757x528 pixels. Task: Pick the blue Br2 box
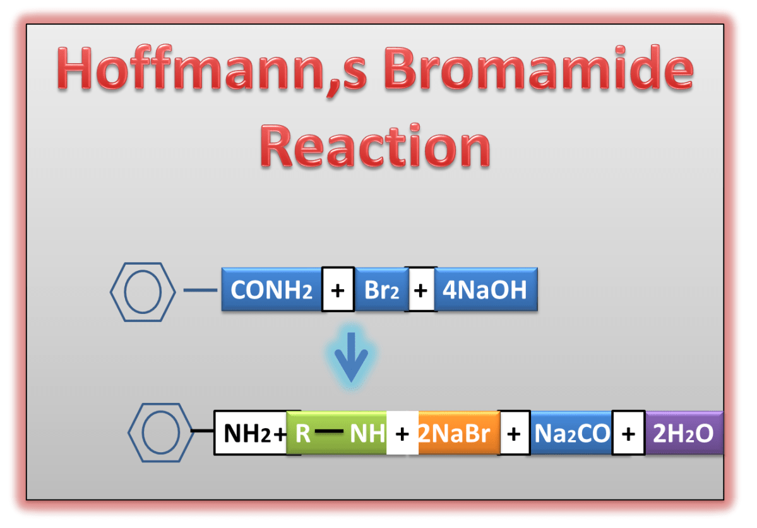(x=381, y=290)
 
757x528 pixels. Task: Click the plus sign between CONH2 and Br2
(x=338, y=290)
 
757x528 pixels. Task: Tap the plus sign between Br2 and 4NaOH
(x=422, y=290)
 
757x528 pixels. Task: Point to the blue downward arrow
(x=351, y=357)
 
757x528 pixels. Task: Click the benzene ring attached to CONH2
(x=142, y=291)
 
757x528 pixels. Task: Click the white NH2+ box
(x=251, y=433)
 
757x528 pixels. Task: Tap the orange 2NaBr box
(x=458, y=433)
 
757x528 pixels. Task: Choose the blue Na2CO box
(x=571, y=433)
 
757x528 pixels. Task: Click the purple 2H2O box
(x=683, y=433)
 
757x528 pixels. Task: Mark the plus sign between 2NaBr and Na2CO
(x=515, y=433)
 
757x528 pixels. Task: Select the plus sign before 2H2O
(x=628, y=433)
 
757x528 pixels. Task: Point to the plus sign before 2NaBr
(x=402, y=433)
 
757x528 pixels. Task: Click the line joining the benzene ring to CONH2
(x=200, y=291)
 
